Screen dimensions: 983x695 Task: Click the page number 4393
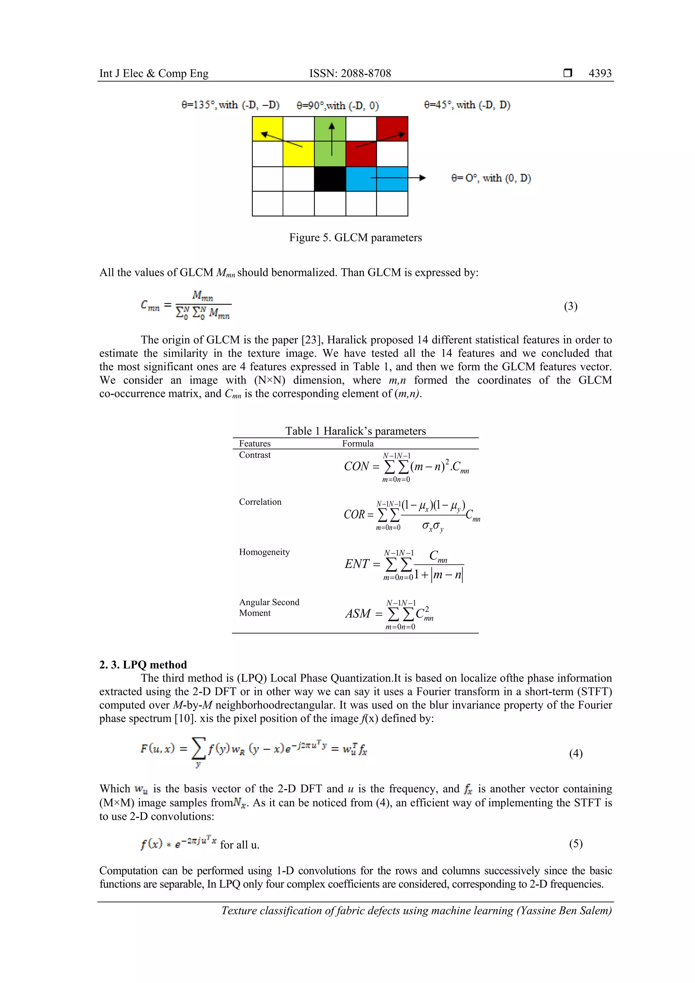click(x=600, y=73)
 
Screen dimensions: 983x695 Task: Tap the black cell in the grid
click(x=330, y=179)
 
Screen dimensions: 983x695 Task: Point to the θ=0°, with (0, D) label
click(x=491, y=178)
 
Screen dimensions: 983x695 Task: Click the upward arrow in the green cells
click(x=331, y=139)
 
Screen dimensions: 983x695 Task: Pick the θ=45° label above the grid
click(x=467, y=105)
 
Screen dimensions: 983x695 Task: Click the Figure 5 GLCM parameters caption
click(x=355, y=238)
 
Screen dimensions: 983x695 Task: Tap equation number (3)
click(x=570, y=306)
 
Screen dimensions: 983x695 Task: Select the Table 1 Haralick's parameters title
click(x=355, y=431)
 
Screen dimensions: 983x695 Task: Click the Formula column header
click(x=358, y=444)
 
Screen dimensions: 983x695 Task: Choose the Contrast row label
click(x=255, y=455)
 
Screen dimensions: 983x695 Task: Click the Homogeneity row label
click(x=264, y=552)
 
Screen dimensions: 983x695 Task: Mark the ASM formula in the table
click(x=390, y=614)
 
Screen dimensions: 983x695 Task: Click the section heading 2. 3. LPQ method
click(x=143, y=665)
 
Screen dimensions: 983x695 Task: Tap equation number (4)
click(x=576, y=753)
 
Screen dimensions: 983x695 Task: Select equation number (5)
click(x=576, y=843)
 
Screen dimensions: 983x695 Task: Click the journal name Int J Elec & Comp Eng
click(x=154, y=73)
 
